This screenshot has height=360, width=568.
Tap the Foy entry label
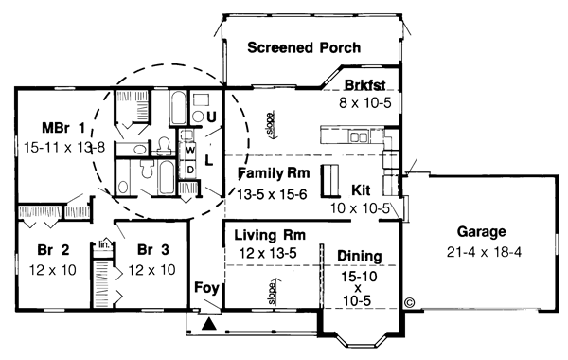[x=205, y=288]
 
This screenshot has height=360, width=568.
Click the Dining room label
[x=358, y=256]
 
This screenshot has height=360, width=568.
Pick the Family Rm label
[x=273, y=173]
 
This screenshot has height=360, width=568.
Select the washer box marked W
[x=189, y=150]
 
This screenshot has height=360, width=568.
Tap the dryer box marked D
[x=189, y=169]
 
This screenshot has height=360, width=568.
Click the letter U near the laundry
[x=211, y=117]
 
